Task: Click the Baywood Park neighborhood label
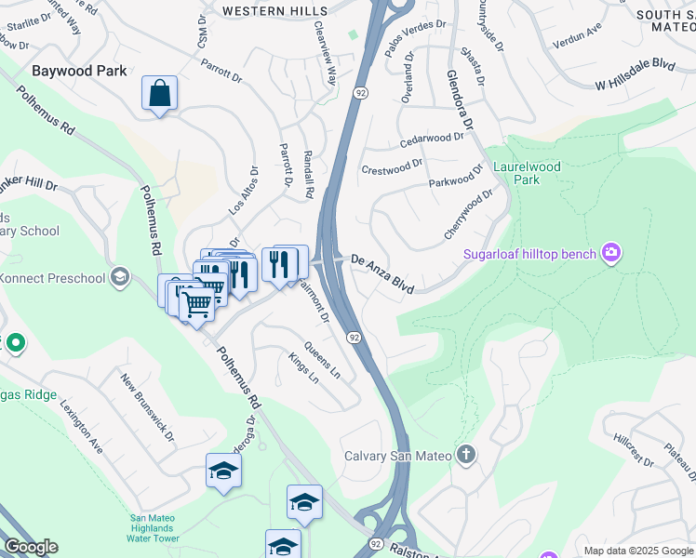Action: point(78,70)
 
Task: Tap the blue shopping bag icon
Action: point(159,93)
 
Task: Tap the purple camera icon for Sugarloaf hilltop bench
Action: point(610,252)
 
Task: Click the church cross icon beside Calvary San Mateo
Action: point(466,455)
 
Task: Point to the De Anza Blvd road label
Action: point(381,274)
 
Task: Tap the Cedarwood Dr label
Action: point(431,139)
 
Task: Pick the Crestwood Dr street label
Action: point(392,169)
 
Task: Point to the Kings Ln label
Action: point(303,367)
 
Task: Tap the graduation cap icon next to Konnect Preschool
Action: point(119,276)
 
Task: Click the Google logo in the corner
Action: point(31,547)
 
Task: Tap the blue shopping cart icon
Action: point(196,303)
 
